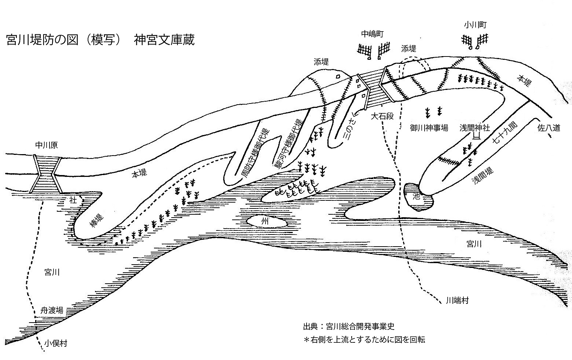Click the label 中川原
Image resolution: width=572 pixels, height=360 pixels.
46,146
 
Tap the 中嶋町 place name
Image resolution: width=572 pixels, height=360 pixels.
372,34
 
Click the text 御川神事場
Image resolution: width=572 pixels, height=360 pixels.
429,128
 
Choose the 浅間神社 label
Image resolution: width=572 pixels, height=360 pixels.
475,128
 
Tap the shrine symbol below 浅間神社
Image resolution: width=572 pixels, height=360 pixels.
477,137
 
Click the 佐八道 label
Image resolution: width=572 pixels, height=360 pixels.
549,128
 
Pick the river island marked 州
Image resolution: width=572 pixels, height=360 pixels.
265,221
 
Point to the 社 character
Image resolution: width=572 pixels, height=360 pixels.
73,200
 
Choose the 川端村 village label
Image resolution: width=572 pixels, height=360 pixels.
457,301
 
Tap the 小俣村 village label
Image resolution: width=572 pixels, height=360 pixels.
56,343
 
